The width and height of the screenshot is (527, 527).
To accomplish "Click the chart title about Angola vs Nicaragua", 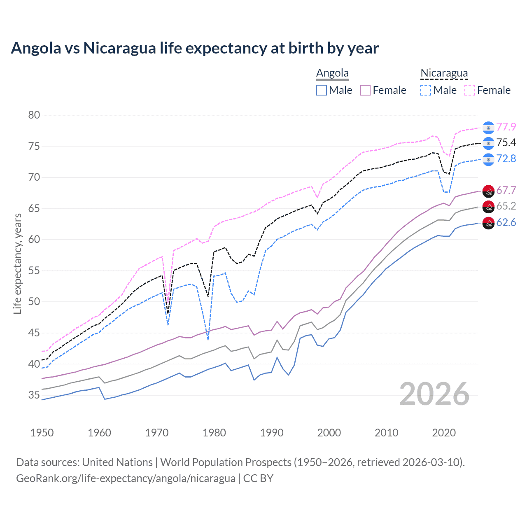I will [195, 48].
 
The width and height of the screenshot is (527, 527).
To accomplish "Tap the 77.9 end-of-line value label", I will [506, 127].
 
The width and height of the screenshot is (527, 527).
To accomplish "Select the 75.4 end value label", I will [506, 143].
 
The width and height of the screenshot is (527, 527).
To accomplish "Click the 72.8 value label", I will [506, 159].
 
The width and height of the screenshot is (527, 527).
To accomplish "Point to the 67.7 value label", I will [506, 191].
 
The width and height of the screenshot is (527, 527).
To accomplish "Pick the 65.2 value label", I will [506, 206].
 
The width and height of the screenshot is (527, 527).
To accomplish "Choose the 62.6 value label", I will [506, 223].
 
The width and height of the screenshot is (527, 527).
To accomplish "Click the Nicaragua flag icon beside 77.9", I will [488, 128].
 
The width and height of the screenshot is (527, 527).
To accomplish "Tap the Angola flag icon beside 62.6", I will [488, 223].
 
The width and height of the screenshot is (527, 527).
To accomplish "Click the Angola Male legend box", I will [322, 90].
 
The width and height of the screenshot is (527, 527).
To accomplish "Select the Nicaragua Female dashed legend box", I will [470, 90].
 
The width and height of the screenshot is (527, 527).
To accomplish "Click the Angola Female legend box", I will [365, 90].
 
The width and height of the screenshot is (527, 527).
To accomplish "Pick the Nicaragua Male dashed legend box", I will [426, 90].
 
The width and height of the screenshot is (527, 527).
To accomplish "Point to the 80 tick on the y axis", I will [34, 115].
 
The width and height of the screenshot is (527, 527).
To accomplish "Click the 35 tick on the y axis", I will [34, 395].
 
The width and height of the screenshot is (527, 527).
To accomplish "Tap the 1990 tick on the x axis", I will [272, 433].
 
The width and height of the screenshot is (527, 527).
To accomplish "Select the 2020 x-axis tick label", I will [444, 433].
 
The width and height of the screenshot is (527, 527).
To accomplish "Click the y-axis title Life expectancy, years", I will [18, 263].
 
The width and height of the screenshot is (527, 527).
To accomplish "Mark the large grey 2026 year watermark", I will [434, 394].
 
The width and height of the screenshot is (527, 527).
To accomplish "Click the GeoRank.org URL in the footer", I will [126, 478].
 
